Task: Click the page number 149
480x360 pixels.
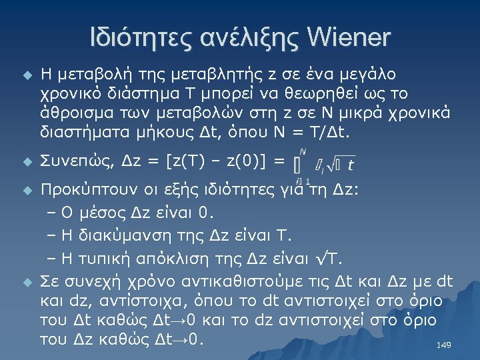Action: click(x=443, y=345)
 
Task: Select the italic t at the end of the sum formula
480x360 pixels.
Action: click(x=351, y=163)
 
